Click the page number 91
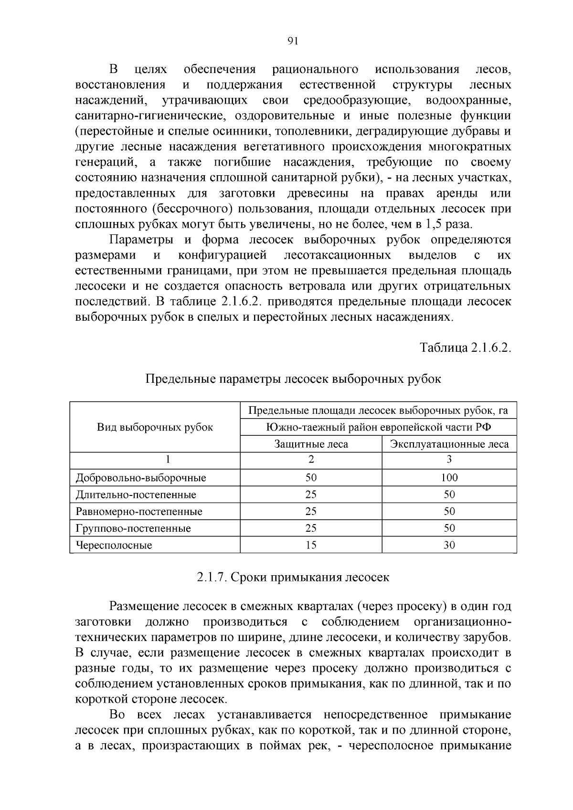(x=293, y=41)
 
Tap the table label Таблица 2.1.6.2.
(x=465, y=347)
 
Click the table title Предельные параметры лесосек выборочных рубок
(x=293, y=379)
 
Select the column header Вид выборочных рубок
(x=155, y=427)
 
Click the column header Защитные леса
(x=311, y=444)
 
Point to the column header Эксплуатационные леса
(x=449, y=444)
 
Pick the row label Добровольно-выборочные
(x=141, y=477)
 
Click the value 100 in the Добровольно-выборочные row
(x=449, y=477)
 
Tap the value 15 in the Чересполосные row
(x=311, y=545)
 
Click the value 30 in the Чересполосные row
(x=449, y=545)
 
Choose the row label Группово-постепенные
(x=133, y=528)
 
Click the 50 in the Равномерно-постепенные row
(x=449, y=511)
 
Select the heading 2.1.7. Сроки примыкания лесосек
(x=293, y=577)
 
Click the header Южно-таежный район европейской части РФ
(x=378, y=427)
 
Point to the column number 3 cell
(x=449, y=460)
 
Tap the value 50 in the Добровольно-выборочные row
(x=311, y=477)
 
